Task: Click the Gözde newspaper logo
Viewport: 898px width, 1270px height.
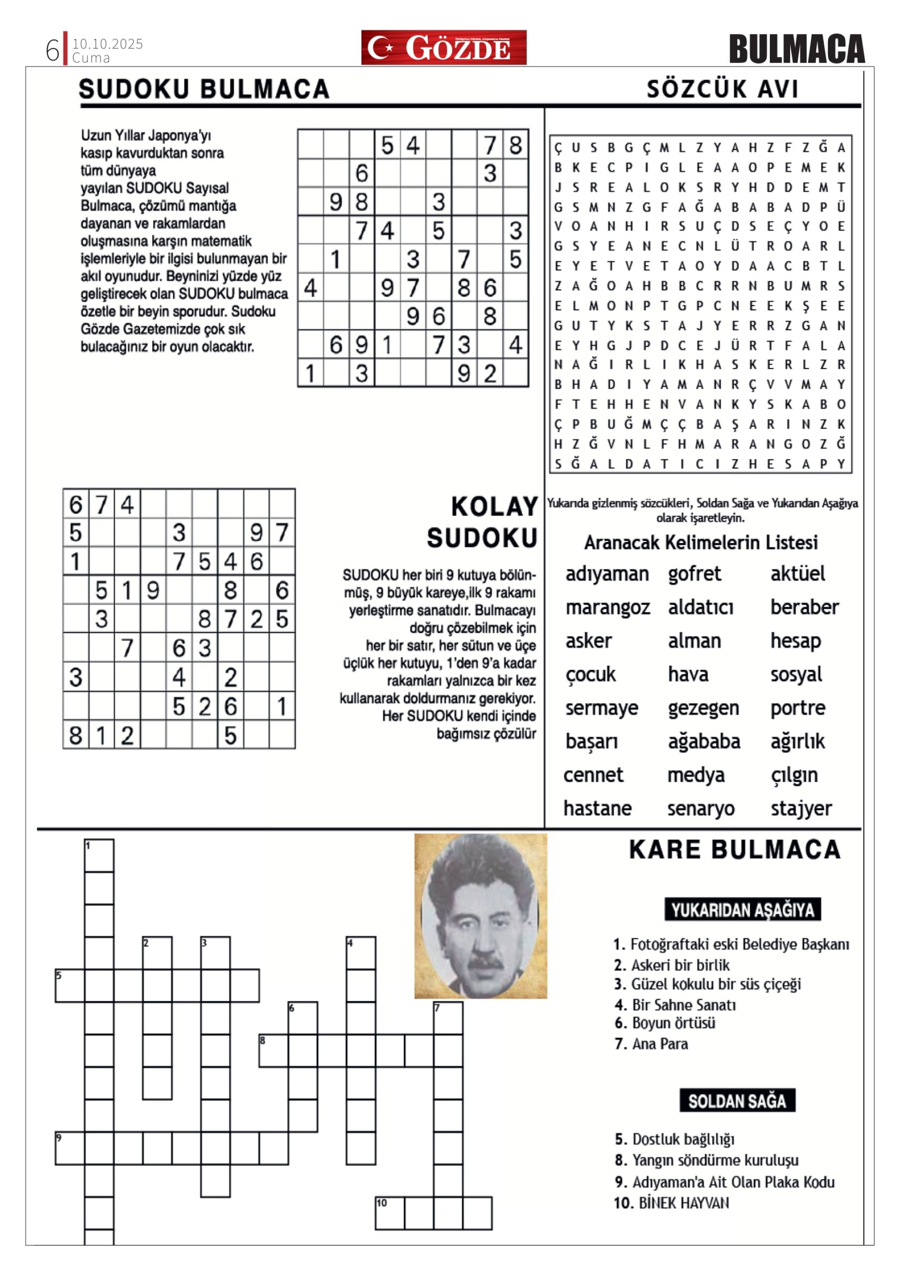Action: point(444,48)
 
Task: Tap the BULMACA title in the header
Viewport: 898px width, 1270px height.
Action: point(796,49)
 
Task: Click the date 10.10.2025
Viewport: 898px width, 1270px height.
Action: point(107,43)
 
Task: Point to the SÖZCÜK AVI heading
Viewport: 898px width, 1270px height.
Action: point(722,89)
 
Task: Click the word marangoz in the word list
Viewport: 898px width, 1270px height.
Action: point(607,607)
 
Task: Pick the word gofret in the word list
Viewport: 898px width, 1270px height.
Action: point(694,574)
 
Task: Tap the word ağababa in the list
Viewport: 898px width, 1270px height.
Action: point(703,742)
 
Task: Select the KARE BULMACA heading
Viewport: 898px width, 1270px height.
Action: point(734,850)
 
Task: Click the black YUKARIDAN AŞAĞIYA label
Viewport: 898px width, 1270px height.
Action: point(742,910)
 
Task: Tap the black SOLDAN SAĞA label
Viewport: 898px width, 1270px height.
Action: point(737,1101)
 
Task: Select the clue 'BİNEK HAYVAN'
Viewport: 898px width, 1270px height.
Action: point(683,1202)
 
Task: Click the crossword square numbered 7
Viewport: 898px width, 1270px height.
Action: point(448,1018)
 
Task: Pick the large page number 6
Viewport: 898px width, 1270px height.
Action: point(52,51)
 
